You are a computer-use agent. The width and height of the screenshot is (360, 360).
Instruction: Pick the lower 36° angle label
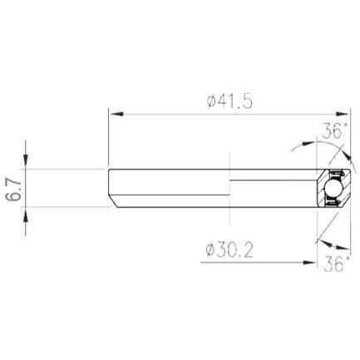pos(335,264)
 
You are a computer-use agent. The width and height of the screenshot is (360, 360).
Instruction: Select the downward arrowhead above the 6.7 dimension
pos(28,163)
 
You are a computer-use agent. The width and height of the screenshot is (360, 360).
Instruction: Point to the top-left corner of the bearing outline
pos(109,170)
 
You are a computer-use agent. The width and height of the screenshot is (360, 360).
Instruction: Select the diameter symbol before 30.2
pos(209,249)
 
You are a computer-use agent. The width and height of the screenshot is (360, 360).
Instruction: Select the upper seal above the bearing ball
pos(333,174)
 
